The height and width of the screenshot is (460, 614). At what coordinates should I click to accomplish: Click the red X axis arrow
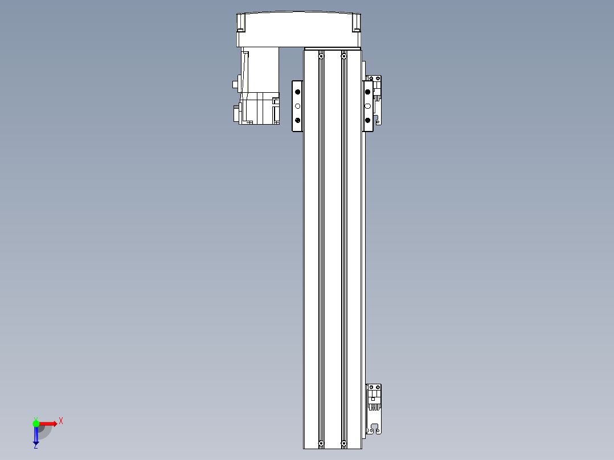(48, 423)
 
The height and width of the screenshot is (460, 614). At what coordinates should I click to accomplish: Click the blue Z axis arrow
(36, 436)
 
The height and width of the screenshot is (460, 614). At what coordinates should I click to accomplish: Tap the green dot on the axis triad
(36, 423)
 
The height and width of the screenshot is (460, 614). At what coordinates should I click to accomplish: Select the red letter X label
(61, 421)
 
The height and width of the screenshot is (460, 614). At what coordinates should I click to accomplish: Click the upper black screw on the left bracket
(297, 92)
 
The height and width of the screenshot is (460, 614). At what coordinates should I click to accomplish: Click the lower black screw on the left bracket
(297, 120)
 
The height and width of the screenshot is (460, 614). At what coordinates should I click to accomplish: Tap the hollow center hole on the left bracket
(297, 106)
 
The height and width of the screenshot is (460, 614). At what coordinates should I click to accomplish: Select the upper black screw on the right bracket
(368, 92)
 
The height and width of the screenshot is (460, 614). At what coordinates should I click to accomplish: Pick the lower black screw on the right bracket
(368, 120)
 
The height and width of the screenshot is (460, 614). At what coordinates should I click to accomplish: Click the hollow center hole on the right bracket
(368, 106)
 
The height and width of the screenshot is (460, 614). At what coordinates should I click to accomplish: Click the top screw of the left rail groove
(321, 56)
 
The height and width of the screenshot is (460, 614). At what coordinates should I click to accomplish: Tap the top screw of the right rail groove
(343, 56)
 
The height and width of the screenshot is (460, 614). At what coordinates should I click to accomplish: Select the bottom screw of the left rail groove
(321, 443)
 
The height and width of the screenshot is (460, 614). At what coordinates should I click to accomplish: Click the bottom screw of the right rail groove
(343, 443)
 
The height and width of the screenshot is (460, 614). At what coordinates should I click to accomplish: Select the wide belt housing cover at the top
(299, 30)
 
